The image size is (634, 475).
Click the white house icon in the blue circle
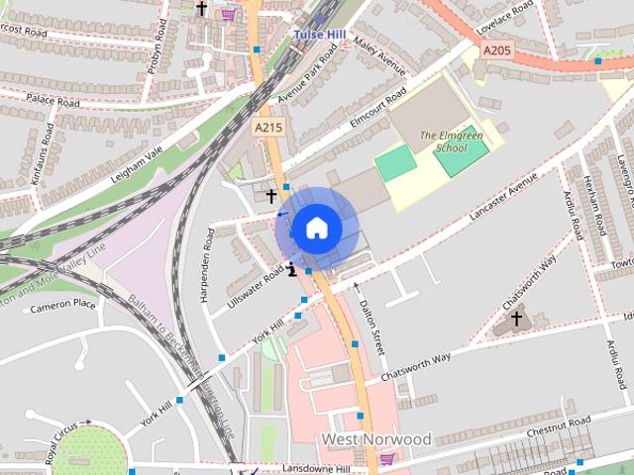point(316,228)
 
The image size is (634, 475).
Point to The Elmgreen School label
point(443,141)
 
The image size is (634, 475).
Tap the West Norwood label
point(375,438)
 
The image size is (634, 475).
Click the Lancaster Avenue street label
point(506,202)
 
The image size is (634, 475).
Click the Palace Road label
point(53,101)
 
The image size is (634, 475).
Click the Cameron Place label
point(62,307)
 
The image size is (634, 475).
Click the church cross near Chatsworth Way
point(516,319)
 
